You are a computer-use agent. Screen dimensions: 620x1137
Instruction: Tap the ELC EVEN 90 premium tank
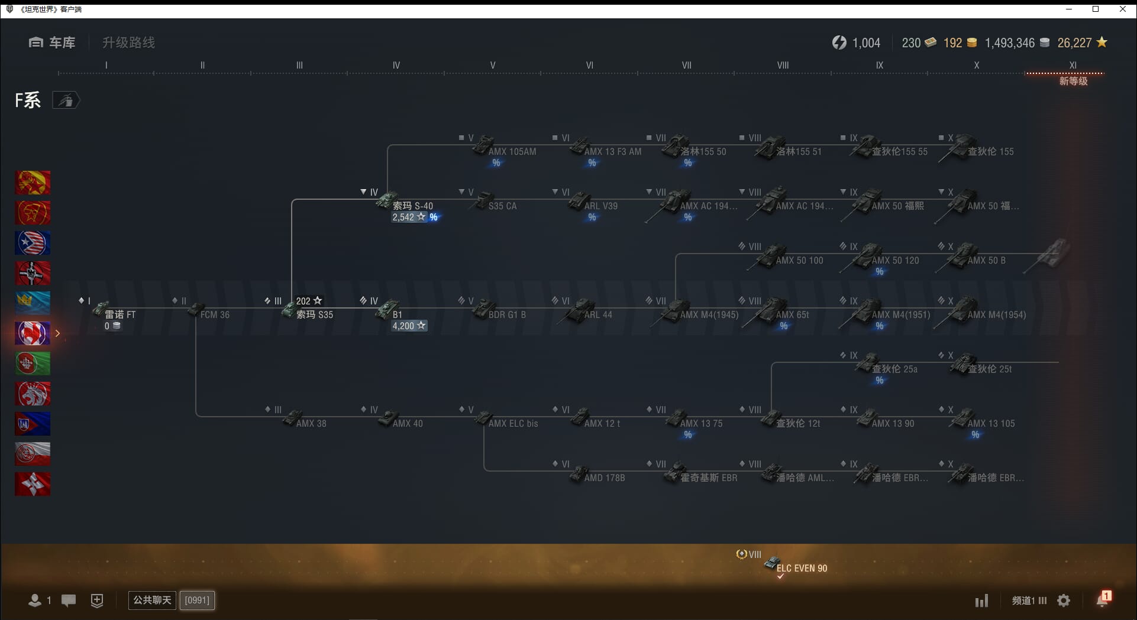pos(801,568)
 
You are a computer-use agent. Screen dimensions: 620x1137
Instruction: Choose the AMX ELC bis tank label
pos(513,423)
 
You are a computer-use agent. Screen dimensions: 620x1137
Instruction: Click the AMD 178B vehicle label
pos(604,478)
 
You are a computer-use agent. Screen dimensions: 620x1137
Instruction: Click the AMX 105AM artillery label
pos(512,151)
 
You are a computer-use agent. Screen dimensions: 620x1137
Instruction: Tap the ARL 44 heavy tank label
pos(597,314)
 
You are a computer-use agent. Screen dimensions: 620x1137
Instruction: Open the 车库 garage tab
pos(53,43)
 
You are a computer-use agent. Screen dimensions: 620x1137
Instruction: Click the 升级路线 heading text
pos(128,43)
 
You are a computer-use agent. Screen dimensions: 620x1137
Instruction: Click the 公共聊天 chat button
pos(152,600)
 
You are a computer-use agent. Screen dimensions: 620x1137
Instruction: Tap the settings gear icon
pos(1064,600)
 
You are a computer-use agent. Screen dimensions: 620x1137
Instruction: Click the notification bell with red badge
pos(1102,600)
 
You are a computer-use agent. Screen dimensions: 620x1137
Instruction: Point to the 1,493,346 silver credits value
pos(1009,43)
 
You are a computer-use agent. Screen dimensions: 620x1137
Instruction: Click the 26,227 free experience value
pos(1074,43)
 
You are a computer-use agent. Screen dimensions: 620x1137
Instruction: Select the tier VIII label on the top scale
pos(783,65)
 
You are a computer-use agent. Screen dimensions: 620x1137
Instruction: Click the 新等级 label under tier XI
pos(1073,81)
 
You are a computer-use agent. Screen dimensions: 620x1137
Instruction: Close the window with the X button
pos(1123,9)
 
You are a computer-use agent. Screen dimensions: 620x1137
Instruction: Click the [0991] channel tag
pos(197,600)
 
